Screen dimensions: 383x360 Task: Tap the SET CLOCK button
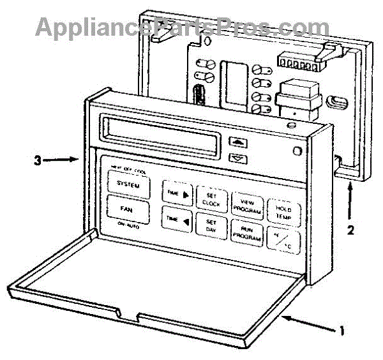click(210, 198)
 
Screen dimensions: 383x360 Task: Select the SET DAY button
click(210, 227)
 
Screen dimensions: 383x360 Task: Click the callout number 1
click(343, 330)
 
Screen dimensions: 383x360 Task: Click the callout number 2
click(350, 229)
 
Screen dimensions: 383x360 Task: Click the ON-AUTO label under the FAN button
click(127, 225)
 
